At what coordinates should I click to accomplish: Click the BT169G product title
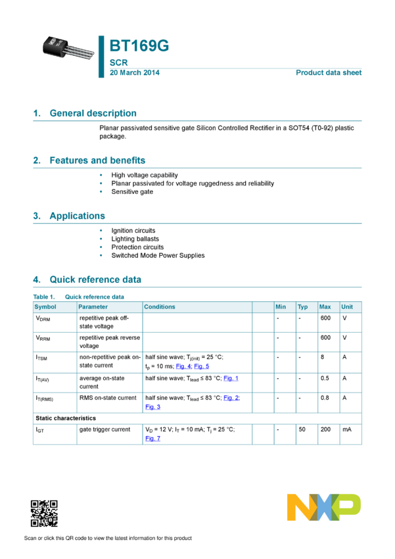click(139, 46)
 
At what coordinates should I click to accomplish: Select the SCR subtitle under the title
click(118, 62)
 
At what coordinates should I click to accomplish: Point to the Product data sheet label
click(329, 72)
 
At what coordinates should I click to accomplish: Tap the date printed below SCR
click(134, 72)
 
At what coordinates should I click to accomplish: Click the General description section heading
click(93, 113)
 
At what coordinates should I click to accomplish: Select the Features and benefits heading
click(97, 160)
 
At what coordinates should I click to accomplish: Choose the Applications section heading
click(77, 216)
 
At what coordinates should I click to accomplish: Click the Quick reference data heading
click(95, 279)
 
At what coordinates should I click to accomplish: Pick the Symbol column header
click(45, 307)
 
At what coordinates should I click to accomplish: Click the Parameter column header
click(93, 307)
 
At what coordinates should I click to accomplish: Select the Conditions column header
click(160, 307)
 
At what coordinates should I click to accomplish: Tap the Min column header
click(281, 307)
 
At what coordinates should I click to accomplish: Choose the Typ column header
click(302, 307)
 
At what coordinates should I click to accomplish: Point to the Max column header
click(325, 307)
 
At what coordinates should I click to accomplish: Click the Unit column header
click(347, 307)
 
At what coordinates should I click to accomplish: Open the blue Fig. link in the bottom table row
click(153, 438)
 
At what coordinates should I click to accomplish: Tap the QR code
click(44, 514)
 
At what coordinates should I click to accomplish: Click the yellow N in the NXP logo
click(299, 507)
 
